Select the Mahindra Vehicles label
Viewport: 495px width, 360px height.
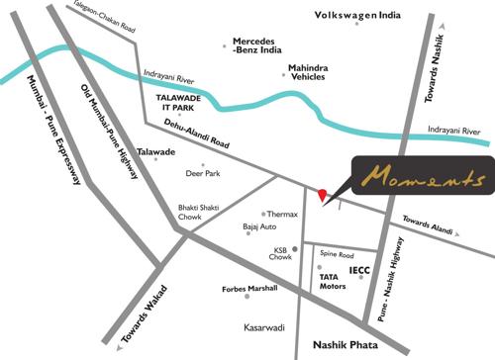[308, 72]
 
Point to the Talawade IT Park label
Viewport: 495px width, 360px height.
[180, 103]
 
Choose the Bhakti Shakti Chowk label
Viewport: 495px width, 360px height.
[196, 212]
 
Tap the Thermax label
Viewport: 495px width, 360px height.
[282, 214]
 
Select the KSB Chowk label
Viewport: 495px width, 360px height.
[282, 252]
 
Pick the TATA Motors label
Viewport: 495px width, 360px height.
[333, 281]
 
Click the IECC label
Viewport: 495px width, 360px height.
[360, 269]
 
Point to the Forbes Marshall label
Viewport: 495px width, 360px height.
[249, 289]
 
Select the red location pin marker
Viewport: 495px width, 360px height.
[321, 194]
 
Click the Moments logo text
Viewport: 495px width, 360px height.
[423, 179]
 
